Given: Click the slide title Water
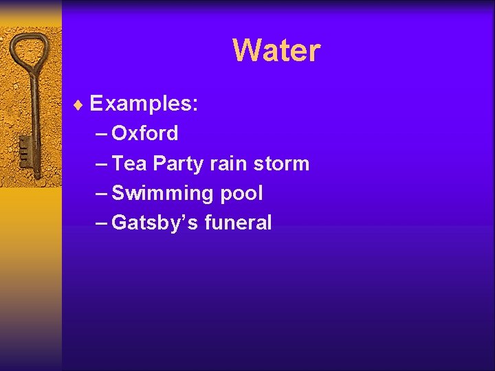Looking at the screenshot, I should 276,50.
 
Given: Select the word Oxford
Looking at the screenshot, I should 144,133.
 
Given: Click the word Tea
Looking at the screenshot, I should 129,164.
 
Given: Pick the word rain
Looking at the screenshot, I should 228,164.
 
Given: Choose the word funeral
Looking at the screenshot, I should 238,223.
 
